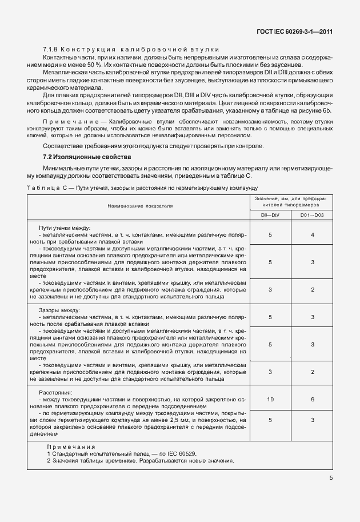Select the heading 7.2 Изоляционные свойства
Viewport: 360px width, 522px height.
[87, 157]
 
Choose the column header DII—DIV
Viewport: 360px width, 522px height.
[270, 214]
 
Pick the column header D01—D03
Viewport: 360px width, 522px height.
[312, 214]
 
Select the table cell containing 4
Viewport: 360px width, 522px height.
[312, 235]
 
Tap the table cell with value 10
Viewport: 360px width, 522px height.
[270, 400]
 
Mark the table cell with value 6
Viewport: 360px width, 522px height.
[312, 400]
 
